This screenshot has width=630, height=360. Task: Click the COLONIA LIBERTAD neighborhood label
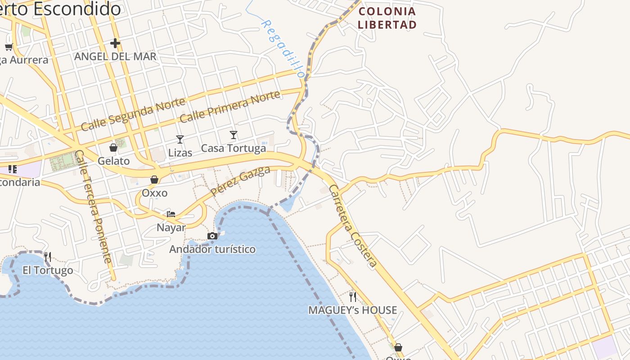point(387,18)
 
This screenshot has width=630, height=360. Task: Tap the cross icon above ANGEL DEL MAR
point(115,43)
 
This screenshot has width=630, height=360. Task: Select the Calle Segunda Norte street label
point(133,114)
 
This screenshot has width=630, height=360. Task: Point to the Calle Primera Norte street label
point(229,106)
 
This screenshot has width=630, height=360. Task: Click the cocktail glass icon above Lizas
point(180,139)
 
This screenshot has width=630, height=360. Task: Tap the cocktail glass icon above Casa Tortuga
point(233,135)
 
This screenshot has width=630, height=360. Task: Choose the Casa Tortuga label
point(233,148)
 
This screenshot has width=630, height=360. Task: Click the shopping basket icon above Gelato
point(113,148)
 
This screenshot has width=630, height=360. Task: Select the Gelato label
point(113,161)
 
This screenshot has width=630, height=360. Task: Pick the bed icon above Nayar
point(171,214)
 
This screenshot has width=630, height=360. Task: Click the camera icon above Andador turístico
point(212,236)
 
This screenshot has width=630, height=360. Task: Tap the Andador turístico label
point(212,249)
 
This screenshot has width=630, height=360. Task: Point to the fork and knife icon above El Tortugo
point(48,257)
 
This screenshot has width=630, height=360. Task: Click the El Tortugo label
point(48,270)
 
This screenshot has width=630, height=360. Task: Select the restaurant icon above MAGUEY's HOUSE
point(353,297)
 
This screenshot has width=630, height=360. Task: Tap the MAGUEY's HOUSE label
point(353,310)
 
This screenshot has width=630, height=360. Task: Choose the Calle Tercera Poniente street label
point(93,206)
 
